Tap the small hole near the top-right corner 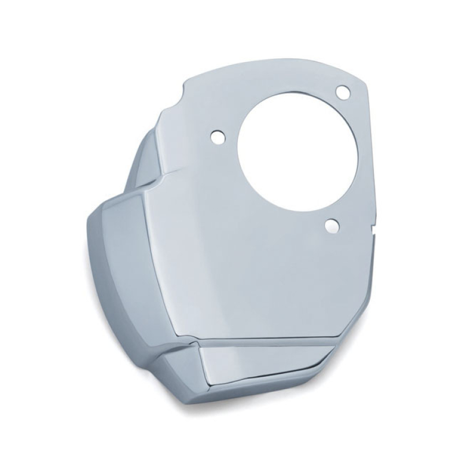(x=343, y=91)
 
